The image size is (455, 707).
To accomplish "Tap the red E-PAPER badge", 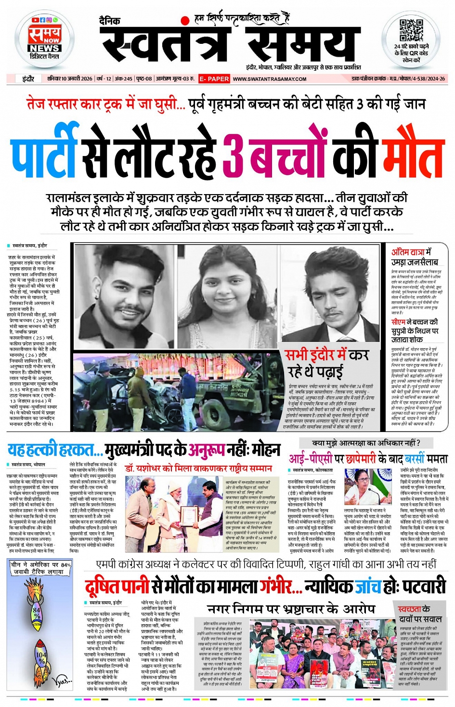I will (214, 79).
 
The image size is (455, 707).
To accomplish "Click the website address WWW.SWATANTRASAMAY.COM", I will (270, 79).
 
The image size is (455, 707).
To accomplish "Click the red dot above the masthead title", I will (185, 20).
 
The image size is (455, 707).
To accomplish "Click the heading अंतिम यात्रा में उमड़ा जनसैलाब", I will (415, 257).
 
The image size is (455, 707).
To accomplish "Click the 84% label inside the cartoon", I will (37, 611).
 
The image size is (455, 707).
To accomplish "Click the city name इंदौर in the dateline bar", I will (28, 79).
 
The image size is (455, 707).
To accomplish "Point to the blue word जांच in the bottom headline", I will (368, 586).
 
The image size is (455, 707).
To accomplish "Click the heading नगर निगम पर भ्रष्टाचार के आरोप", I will (291, 609).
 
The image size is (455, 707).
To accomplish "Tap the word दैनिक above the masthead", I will (110, 21).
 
